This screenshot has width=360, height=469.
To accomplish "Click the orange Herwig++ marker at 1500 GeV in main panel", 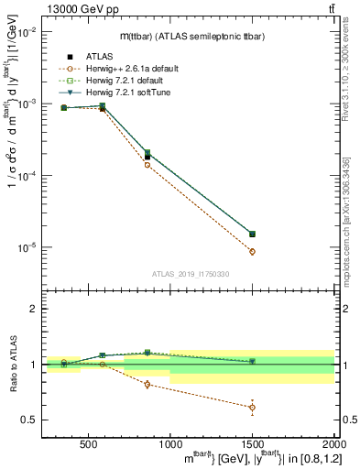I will click(x=252, y=251).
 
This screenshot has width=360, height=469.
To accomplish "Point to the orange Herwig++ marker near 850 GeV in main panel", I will click(x=147, y=165).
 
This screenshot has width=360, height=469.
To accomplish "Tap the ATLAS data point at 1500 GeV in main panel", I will click(x=252, y=234).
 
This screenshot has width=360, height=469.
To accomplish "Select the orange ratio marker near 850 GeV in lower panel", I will click(x=147, y=384).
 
